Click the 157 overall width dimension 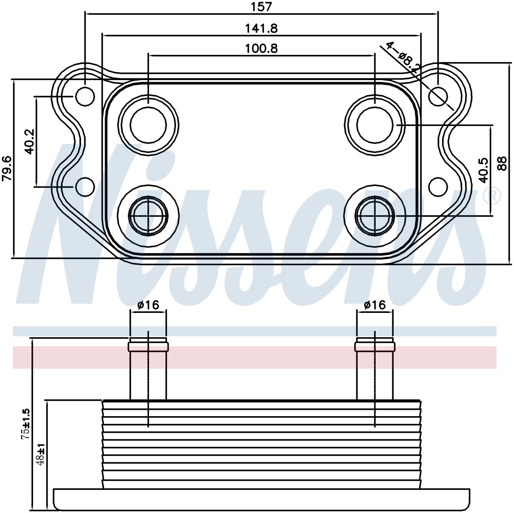click(x=261, y=7)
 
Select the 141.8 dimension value click(x=261, y=28)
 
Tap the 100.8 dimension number click(x=261, y=48)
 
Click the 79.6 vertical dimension click(x=7, y=168)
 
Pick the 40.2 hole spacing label click(x=30, y=142)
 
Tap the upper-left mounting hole click(x=85, y=96)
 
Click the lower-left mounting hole click(x=85, y=187)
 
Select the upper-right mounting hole click(x=438, y=96)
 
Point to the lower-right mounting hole click(x=438, y=187)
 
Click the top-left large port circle click(x=148, y=125)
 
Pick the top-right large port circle click(x=375, y=125)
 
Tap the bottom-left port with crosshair click(x=148, y=216)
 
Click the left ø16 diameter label click(x=148, y=305)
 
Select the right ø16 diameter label click(x=375, y=305)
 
